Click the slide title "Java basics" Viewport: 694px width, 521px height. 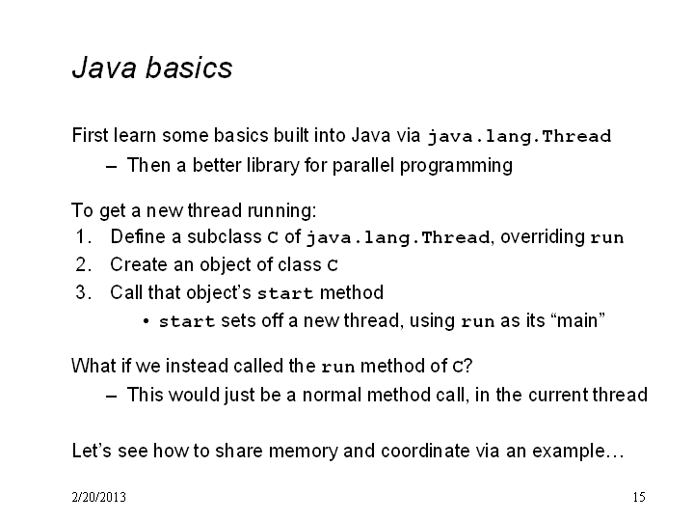click(152, 68)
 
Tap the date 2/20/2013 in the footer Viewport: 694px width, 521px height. click(98, 497)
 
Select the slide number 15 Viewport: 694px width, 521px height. click(639, 497)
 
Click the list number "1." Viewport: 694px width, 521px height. click(84, 236)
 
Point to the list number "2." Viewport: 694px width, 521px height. click(84, 264)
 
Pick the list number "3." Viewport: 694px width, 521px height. click(84, 292)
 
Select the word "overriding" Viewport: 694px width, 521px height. click(543, 237)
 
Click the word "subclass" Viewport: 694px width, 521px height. click(225, 236)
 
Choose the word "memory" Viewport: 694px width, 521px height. click(304, 452)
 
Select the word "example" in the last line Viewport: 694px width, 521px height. click(569, 452)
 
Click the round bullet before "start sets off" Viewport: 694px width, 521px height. click(147, 321)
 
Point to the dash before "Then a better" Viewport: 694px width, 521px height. click(112, 167)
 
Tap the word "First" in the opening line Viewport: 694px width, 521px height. click(90, 135)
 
